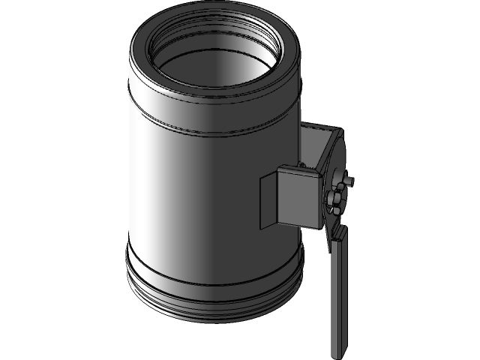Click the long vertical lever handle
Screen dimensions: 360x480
[x=338, y=292]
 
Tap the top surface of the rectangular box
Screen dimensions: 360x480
[x=300, y=169]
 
